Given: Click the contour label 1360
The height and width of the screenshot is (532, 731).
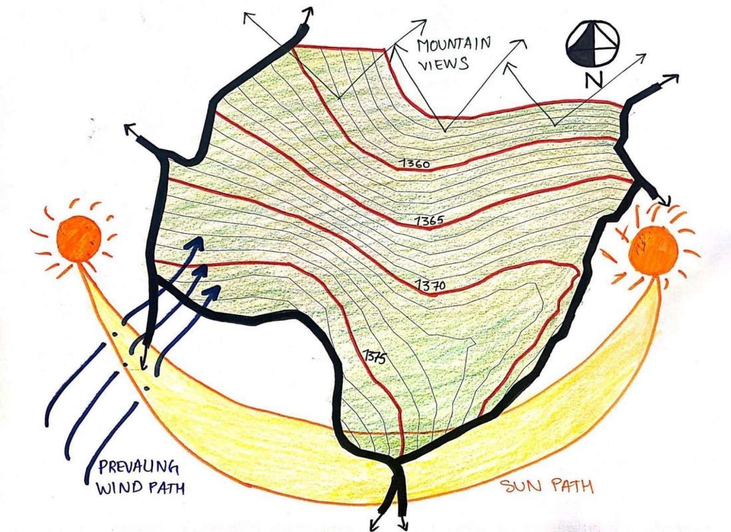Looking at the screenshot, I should click(416, 163).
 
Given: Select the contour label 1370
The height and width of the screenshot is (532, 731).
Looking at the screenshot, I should click(430, 285).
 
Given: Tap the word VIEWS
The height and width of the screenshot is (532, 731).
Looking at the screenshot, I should click(444, 65).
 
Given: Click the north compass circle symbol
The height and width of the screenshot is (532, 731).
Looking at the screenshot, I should click(593, 44).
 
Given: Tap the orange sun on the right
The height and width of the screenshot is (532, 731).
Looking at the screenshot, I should click(652, 249).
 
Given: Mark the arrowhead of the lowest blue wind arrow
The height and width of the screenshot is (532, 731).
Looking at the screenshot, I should click(218, 290).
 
